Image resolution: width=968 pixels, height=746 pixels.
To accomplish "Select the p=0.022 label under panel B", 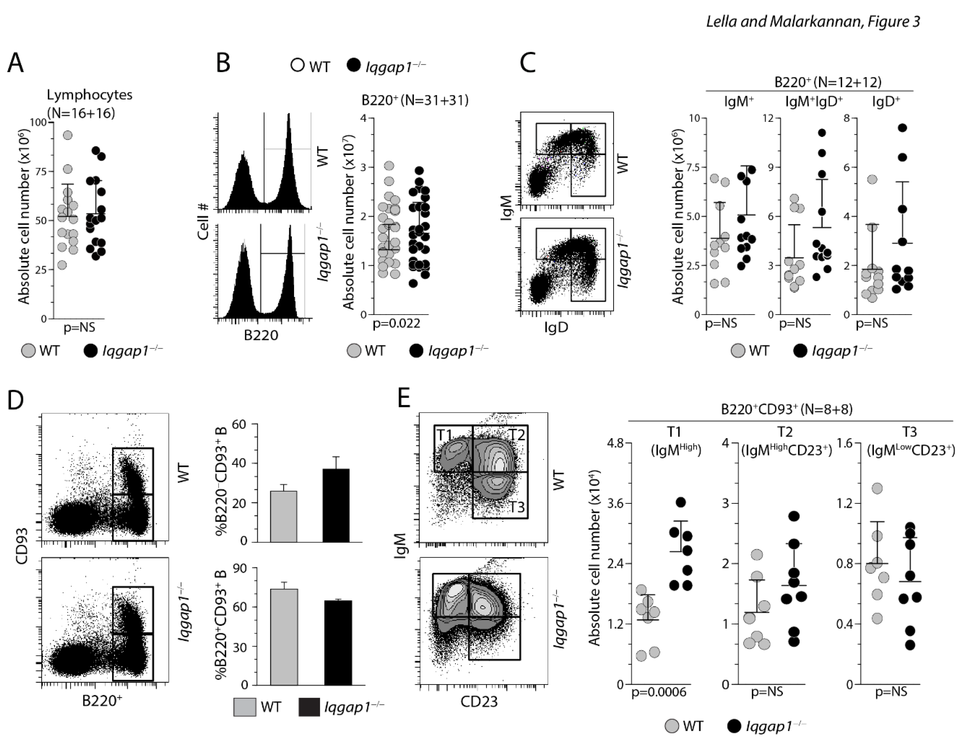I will (x=396, y=324).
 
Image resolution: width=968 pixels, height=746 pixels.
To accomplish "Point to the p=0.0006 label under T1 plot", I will (x=659, y=692).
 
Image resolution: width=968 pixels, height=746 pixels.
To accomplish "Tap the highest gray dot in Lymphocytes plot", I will (x=68, y=135).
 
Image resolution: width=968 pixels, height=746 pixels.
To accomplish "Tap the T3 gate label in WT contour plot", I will (x=517, y=507).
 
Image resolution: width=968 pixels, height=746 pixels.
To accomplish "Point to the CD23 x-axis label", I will (x=479, y=702).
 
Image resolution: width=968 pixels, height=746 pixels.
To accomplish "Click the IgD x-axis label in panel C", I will (x=556, y=328).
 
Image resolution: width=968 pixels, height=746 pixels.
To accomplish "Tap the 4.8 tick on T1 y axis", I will (x=615, y=443).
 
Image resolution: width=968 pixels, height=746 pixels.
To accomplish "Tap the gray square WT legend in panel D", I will (x=245, y=707).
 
